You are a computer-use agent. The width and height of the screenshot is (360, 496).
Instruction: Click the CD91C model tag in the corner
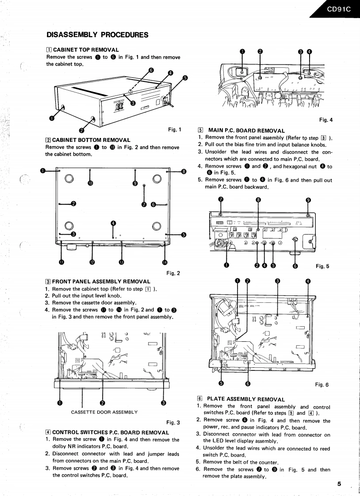point(338,8)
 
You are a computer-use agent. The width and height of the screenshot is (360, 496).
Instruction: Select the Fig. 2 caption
point(173,273)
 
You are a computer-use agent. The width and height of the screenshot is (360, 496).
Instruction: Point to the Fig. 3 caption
point(173,422)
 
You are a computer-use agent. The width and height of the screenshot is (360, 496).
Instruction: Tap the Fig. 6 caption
point(322,384)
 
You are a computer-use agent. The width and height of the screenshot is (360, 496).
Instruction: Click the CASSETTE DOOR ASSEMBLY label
point(104,412)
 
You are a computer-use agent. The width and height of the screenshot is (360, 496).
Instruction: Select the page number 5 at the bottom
point(339,484)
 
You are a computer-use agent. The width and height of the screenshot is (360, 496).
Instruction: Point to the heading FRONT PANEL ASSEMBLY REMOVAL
point(101,281)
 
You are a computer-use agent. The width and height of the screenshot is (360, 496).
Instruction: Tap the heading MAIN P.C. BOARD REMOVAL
point(246,130)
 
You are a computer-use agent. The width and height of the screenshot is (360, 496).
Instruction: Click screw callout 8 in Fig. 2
point(184,171)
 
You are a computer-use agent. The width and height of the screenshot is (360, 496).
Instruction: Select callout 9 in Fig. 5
point(308,199)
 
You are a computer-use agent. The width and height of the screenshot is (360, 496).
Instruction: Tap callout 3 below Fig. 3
point(163,402)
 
